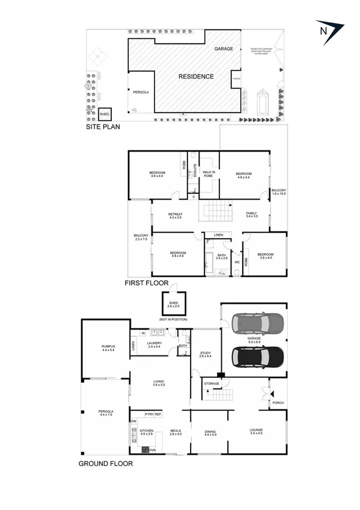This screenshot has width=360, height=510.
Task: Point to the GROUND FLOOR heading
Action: [x=106, y=464]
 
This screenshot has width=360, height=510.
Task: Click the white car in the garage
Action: [x=253, y=324]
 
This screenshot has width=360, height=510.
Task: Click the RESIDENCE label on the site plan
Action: [x=195, y=77]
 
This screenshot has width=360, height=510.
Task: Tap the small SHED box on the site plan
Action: [x=105, y=114]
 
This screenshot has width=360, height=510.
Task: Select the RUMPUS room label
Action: [x=108, y=347]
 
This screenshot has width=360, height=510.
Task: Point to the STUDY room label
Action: [x=206, y=354]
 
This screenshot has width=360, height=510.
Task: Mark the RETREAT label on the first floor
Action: [x=175, y=215]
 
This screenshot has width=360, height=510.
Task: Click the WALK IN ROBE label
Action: [x=209, y=174]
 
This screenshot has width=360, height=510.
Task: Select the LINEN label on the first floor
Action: [x=219, y=235]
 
